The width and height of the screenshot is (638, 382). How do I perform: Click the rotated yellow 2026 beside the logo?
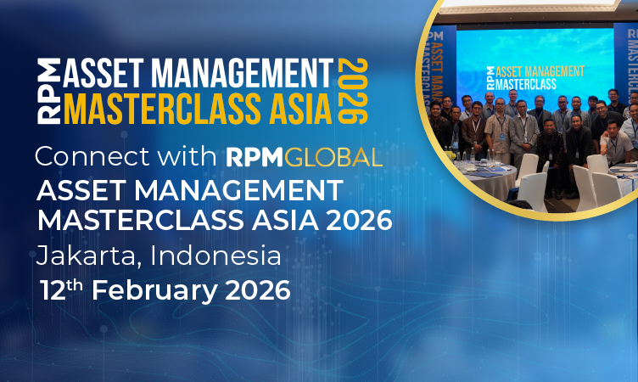(x=355, y=92)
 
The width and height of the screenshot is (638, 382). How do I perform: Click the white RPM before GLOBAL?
(x=256, y=157)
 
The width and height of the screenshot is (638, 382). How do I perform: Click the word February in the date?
(x=153, y=289)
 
